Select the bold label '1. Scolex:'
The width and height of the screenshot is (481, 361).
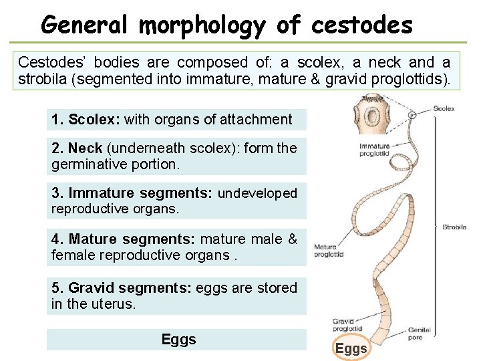[x=86, y=120]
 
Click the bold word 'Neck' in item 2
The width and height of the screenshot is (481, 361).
[x=84, y=148]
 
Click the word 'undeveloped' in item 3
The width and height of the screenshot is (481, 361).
[x=257, y=193]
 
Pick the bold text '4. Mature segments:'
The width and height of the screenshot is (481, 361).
[x=124, y=239]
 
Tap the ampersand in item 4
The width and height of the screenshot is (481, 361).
[x=293, y=239]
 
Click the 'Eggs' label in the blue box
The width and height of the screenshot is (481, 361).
[x=178, y=340]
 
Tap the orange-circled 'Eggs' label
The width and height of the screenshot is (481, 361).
[x=351, y=348]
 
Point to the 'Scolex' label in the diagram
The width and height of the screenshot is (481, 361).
[x=444, y=108]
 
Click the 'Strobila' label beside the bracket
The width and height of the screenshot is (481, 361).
[x=454, y=227]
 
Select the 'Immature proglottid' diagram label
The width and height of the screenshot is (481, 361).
[x=373, y=149]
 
